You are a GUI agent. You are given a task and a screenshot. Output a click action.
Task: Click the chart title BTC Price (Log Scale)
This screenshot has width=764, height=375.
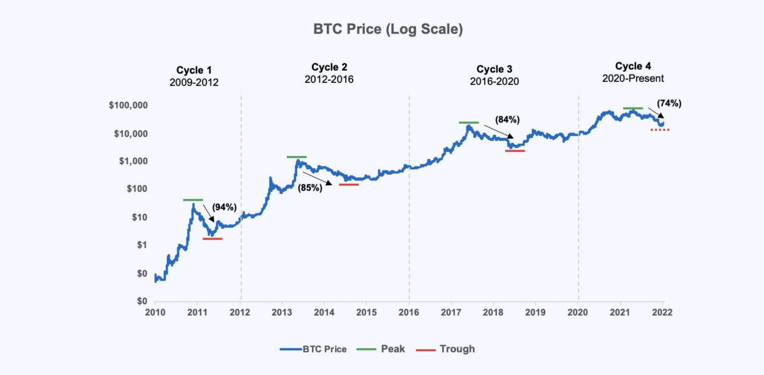pyautogui.click(x=388, y=30)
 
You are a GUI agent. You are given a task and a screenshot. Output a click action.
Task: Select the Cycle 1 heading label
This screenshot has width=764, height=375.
pyautogui.click(x=197, y=70)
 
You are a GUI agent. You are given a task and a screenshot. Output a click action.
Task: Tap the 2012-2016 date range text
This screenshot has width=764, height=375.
pyautogui.click(x=329, y=79)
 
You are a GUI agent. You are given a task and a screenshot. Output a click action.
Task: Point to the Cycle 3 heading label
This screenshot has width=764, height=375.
pyautogui.click(x=494, y=69)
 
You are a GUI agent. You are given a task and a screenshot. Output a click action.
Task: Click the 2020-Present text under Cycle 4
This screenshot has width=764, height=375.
pyautogui.click(x=633, y=78)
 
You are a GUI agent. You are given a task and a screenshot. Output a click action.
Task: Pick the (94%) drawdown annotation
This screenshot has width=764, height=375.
pyautogui.click(x=224, y=207)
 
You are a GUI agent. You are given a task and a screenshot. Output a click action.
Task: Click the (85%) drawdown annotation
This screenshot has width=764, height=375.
pyautogui.click(x=309, y=188)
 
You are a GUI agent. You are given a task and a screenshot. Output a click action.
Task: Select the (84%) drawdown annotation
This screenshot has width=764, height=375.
pyautogui.click(x=507, y=120)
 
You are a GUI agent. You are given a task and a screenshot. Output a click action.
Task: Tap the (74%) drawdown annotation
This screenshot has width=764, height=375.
pyautogui.click(x=669, y=104)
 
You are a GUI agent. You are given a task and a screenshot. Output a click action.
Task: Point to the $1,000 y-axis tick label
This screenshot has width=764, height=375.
pyautogui.click(x=130, y=162)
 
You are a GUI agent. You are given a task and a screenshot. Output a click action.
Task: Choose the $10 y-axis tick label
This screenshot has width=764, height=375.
pyautogui.click(x=137, y=217)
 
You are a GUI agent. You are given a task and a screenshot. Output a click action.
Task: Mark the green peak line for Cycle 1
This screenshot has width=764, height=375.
pyautogui.click(x=193, y=200)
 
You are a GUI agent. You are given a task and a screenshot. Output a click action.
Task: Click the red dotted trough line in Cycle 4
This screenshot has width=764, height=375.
pyautogui.click(x=660, y=130)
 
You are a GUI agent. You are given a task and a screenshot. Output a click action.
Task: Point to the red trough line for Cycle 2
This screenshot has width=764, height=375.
pyautogui.click(x=349, y=185)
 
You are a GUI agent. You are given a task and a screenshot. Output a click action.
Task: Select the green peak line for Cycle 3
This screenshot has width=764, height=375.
pyautogui.click(x=468, y=123)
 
